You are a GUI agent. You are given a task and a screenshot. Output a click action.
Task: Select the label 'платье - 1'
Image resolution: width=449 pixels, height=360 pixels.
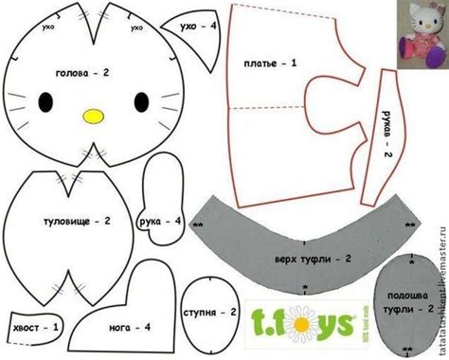point(271,63)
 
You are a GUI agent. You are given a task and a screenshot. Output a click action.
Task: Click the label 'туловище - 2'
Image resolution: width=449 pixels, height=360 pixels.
point(79,221)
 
